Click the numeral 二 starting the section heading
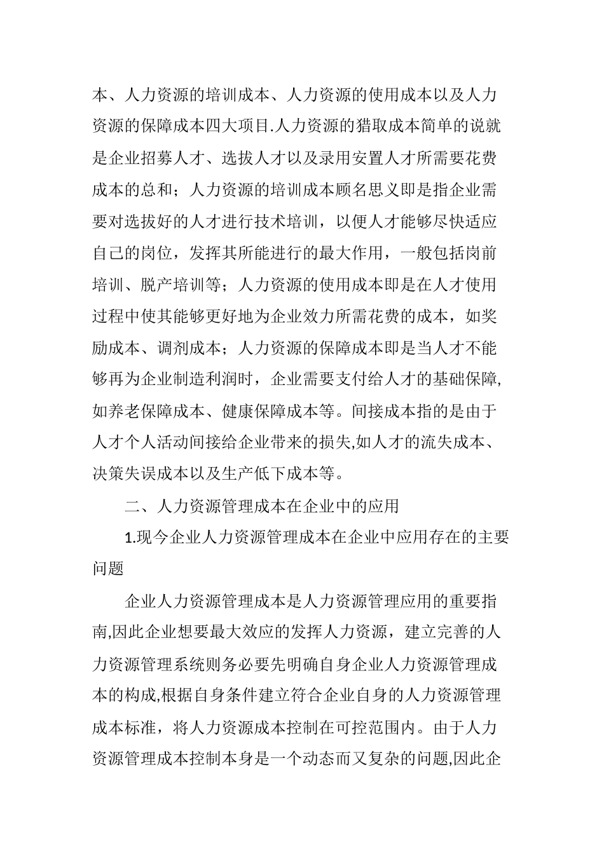(132, 506)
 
